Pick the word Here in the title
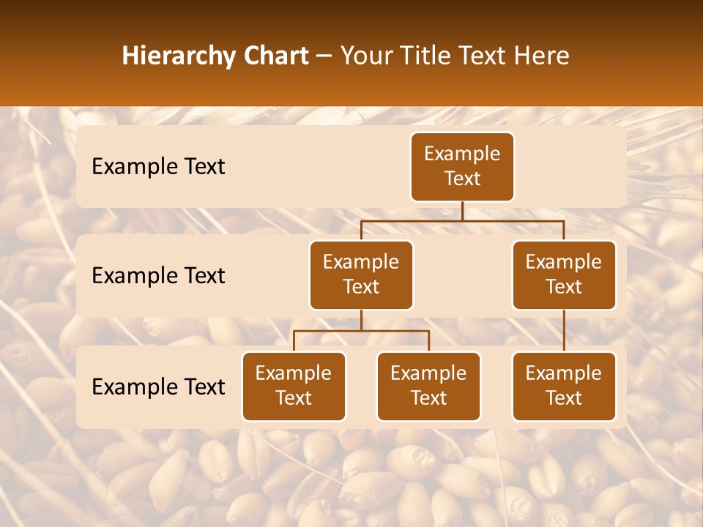point(540,56)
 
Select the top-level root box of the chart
point(462,166)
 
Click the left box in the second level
point(361,274)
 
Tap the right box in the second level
point(564,274)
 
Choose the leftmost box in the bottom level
point(294,386)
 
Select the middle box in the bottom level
point(428,386)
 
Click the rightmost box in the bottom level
point(564,386)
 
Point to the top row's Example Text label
point(158,166)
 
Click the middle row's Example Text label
point(158,275)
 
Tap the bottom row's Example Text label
point(158,386)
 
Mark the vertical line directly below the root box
point(462,211)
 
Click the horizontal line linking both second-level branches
point(462,220)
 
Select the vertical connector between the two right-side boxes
point(564,330)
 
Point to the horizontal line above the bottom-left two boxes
point(361,331)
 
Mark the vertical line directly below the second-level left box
point(361,320)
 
